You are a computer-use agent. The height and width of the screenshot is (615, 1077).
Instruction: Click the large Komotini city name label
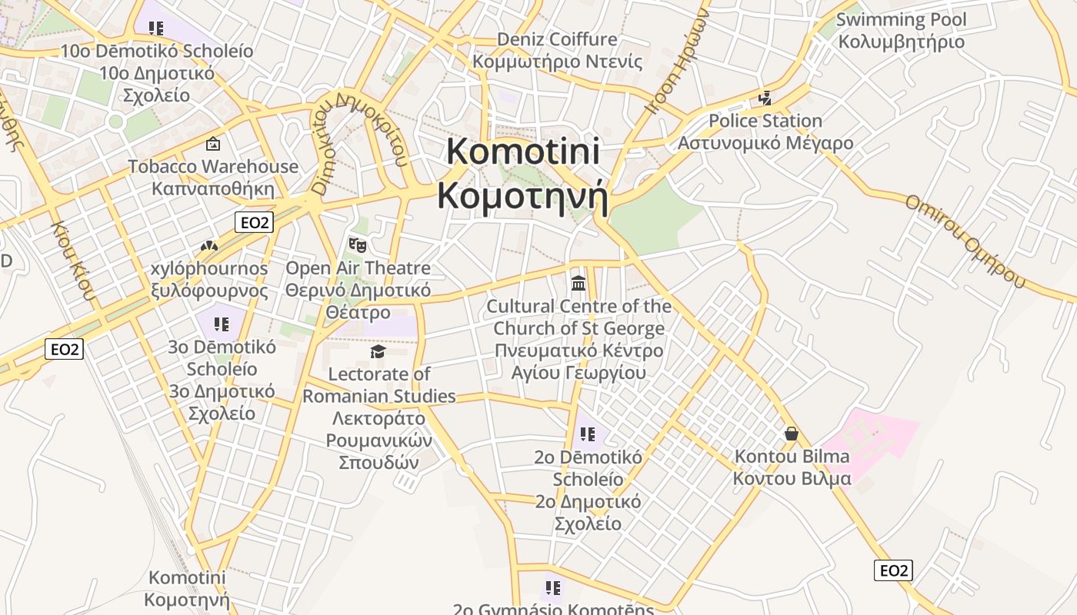click(523, 173)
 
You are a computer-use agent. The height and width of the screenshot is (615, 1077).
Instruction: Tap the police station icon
click(765, 98)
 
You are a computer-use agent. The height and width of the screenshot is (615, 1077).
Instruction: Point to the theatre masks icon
click(357, 245)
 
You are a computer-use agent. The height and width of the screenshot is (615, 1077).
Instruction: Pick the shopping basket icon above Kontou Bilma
click(792, 434)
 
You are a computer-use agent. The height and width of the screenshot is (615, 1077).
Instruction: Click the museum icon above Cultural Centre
click(579, 284)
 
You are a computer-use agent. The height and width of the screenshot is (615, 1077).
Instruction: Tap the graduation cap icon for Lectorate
click(378, 351)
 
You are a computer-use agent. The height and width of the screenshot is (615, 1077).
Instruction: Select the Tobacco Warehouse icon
click(213, 144)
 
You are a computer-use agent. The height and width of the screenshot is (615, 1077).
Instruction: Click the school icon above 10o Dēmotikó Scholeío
click(156, 28)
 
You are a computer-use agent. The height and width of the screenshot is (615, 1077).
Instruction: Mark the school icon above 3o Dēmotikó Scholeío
click(222, 324)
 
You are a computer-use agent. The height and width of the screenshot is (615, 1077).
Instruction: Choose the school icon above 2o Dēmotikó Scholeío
click(588, 434)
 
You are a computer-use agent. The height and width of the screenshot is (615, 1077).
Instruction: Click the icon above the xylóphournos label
click(209, 246)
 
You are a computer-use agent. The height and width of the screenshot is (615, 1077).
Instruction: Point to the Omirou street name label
click(965, 241)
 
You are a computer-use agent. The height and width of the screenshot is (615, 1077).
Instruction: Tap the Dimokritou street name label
click(358, 142)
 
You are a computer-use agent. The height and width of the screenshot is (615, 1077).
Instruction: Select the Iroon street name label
click(677, 65)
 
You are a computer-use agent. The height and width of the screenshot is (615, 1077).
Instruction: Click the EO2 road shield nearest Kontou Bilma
click(893, 570)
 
